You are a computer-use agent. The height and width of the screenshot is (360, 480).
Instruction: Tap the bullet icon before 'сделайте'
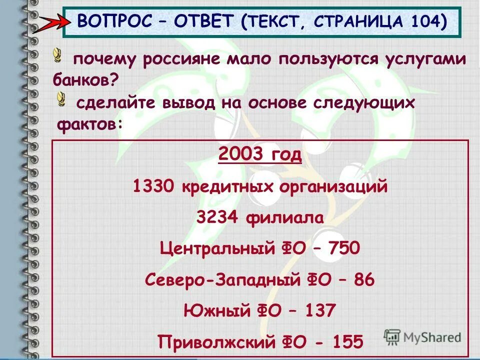tap(61, 98)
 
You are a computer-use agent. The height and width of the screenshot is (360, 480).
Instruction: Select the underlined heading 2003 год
tap(260, 155)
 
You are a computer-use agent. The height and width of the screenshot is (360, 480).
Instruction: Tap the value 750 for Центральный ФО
tap(343, 248)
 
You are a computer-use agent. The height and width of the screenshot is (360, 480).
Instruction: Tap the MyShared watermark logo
tap(422, 336)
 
